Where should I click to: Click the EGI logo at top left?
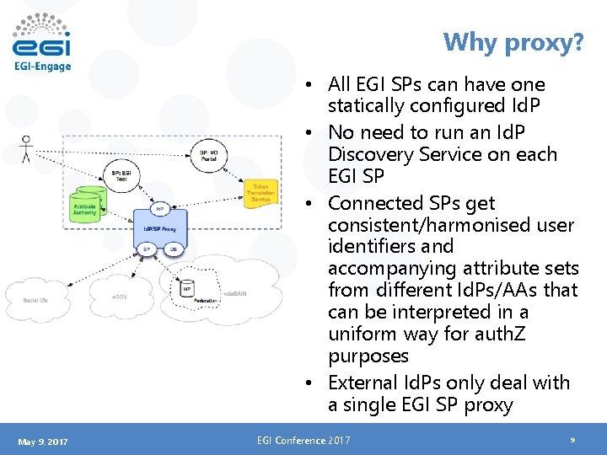(42, 42)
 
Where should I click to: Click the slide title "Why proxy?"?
(513, 41)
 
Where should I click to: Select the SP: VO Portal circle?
(209, 156)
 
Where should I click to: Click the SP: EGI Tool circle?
(123, 176)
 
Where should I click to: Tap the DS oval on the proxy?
(174, 249)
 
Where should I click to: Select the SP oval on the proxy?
(146, 249)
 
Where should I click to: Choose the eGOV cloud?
(121, 297)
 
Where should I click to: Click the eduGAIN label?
(234, 293)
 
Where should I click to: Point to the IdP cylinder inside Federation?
(187, 288)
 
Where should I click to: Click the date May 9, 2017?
(42, 442)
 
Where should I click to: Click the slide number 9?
(572, 440)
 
